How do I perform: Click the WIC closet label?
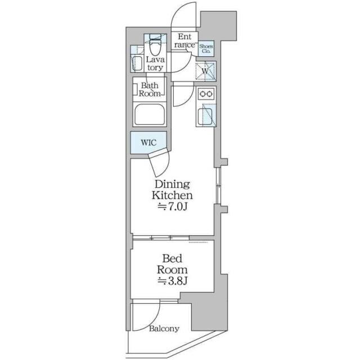[148, 142]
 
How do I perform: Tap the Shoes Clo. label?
[206, 49]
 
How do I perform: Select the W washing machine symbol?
[205, 71]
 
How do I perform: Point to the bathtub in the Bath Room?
[150, 115]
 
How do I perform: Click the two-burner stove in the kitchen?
[206, 94]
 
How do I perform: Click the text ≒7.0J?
[172, 207]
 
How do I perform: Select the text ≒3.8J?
[172, 281]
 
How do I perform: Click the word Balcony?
[164, 328]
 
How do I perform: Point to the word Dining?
[172, 184]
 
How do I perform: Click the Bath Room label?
[150, 89]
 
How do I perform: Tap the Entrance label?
[184, 40]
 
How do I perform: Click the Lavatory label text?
[155, 64]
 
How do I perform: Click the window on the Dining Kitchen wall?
[218, 185]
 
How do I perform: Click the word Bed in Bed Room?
[172, 259]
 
